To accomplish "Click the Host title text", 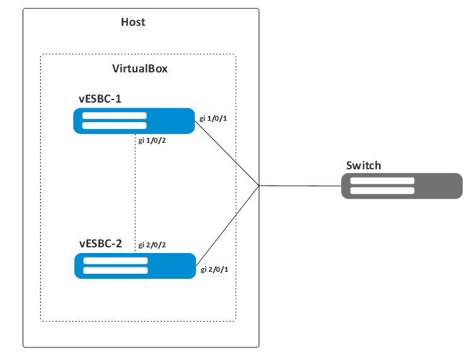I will tap(133, 22).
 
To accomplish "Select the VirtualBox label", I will tap(139, 69).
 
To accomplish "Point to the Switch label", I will tap(363, 166).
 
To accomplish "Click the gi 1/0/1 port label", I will tap(213, 118).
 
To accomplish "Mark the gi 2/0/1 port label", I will tap(213, 269).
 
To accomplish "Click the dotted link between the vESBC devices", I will tap(137, 195).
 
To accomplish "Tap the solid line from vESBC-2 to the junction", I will tap(228, 223).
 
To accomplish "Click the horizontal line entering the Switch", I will tap(299, 186).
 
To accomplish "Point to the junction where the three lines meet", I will tap(259, 185).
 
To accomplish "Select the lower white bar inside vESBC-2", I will tap(115, 271).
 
